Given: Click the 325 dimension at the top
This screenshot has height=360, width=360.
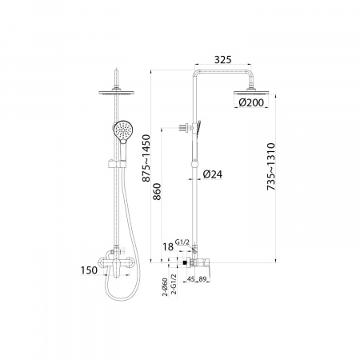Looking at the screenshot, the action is [223, 60].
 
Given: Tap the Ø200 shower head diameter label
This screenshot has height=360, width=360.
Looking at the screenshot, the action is [251, 102].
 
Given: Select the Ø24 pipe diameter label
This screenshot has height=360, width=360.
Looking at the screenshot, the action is [213, 174].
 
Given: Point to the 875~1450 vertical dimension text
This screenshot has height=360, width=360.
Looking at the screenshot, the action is [146, 158].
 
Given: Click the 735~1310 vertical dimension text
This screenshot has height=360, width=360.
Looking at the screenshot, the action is [271, 166].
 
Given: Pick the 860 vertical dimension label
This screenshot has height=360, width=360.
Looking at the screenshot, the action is [157, 191].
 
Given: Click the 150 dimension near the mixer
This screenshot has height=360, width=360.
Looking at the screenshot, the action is [89, 270].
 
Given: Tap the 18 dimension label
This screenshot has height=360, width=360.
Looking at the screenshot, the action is [168, 247].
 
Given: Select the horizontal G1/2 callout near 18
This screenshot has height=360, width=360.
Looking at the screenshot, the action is [182, 242].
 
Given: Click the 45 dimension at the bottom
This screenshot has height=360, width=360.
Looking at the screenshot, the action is [190, 279].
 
